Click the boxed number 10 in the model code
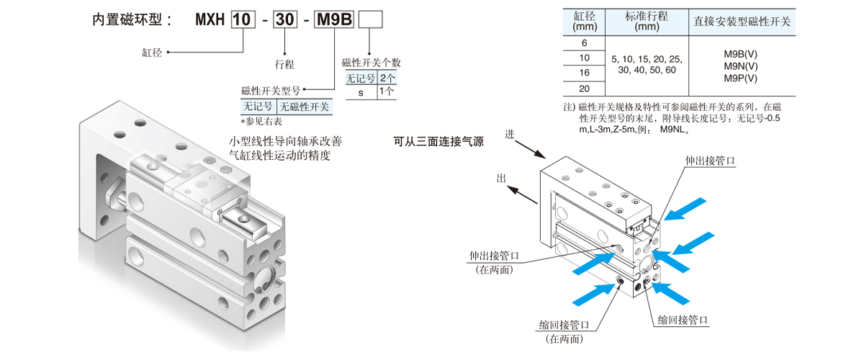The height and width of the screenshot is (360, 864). point(243,19)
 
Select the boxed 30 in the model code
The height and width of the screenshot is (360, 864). point(286,19)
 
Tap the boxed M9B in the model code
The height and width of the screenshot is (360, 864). point(335,19)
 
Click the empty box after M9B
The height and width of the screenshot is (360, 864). point(370,19)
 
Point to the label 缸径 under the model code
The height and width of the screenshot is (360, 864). point(153,53)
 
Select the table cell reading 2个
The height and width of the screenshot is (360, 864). point(387,78)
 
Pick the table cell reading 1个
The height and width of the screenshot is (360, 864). point(387,91)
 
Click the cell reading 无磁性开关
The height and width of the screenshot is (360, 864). point(305,107)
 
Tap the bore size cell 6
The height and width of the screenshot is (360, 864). point(584,42)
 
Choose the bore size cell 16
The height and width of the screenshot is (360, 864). point(584,73)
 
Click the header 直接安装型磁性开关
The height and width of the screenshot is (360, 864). point(742,22)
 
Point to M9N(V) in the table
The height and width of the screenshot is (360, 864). point(741,66)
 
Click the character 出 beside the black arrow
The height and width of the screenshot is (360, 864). point(502,177)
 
